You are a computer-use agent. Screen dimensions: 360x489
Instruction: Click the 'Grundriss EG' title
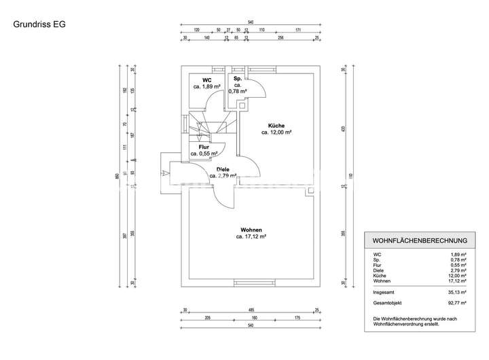click(38, 24)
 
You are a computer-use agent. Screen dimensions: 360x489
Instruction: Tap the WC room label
click(206, 80)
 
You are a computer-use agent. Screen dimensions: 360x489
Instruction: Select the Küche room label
click(276, 126)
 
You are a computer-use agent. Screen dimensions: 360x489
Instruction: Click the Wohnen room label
click(251, 230)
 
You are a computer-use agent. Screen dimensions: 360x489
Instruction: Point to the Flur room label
click(203, 147)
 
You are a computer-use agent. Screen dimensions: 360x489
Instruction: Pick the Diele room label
click(223, 169)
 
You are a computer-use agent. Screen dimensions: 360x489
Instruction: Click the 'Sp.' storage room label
click(238, 79)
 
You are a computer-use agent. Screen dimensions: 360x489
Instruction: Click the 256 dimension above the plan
click(279, 39)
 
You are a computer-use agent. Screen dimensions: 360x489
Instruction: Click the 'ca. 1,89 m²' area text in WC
click(206, 87)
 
